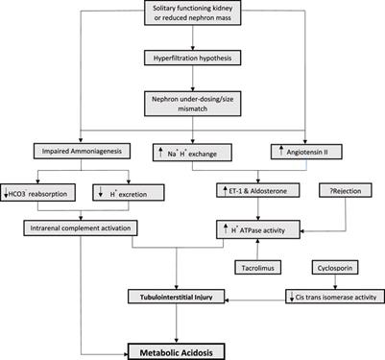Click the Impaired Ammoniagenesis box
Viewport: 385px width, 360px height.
60,150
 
